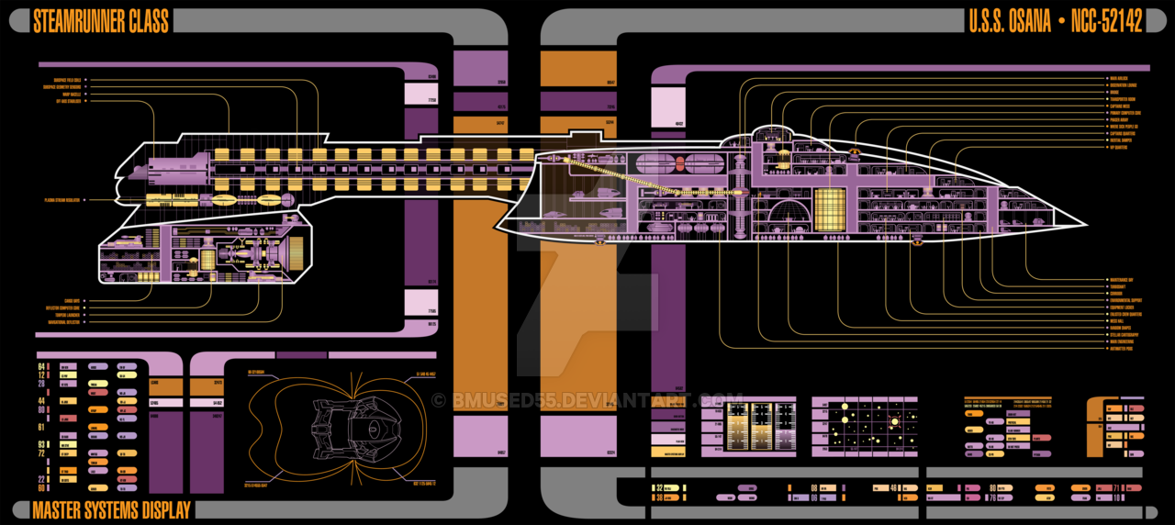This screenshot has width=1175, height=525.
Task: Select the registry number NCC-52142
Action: tap(1107, 22)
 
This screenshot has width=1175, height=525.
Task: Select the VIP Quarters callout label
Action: tap(1118, 147)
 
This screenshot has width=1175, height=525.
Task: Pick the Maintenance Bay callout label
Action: tap(1122, 280)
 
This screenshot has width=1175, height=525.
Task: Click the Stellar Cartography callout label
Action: tap(1124, 335)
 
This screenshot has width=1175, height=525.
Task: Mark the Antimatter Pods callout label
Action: tap(1121, 349)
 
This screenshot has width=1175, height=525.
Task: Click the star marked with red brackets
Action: tap(895, 421)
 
